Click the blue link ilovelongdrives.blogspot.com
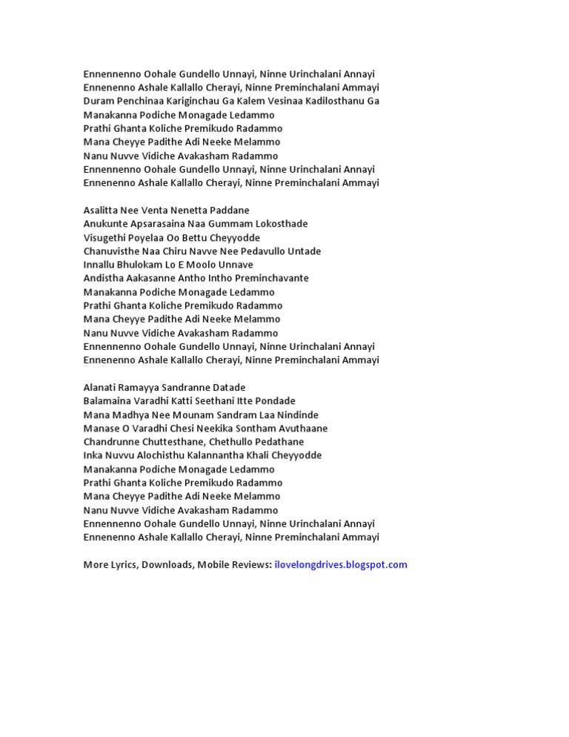(341, 564)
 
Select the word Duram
(99, 101)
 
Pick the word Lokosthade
(282, 223)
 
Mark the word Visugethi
(104, 237)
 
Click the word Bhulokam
(148, 265)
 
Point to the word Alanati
(100, 387)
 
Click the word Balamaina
(107, 401)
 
